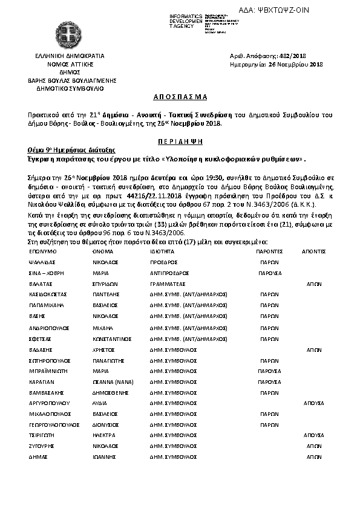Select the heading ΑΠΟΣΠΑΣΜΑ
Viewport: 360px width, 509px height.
179,97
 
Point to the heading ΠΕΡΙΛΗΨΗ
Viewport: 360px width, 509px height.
179,140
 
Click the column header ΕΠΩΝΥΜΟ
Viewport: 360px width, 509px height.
42,250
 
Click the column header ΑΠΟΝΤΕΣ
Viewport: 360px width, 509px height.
313,250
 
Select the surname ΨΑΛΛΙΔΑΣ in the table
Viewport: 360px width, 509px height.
43,263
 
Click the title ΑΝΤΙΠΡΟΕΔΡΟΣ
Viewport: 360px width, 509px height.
168,273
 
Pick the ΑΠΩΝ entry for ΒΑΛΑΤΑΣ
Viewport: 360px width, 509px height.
314,284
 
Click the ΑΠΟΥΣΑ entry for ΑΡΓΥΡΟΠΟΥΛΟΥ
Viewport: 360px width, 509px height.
314,403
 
